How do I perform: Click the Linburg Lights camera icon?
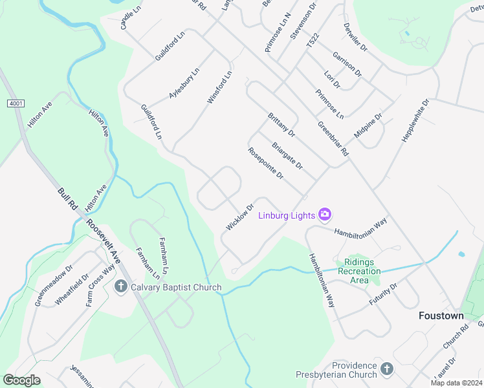325,215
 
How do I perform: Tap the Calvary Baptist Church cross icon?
120,286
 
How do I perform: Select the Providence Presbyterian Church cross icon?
386,369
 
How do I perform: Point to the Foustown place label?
441,316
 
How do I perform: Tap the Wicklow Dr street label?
239,217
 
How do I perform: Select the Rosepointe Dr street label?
266,163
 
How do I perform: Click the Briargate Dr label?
288,156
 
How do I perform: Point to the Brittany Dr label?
281,125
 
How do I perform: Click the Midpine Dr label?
368,125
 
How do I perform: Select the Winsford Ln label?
219,89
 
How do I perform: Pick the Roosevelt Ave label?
104,241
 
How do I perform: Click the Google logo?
21,380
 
